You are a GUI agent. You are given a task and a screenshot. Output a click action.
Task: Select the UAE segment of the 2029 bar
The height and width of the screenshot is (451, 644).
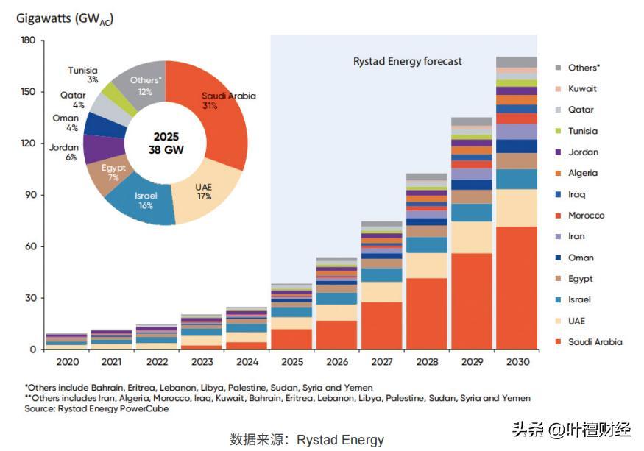coord(472,237)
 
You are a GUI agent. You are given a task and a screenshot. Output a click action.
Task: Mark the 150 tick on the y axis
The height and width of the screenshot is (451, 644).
coord(28,92)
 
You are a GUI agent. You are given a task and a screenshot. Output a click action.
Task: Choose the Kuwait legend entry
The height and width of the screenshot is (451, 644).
coord(582,89)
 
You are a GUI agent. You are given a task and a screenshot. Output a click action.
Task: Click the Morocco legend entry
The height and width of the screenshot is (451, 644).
coord(586,216)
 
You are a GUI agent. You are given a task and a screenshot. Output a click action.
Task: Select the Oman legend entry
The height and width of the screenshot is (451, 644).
coord(581,258)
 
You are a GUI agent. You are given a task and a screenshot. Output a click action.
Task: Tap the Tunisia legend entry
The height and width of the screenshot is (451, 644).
coord(582,131)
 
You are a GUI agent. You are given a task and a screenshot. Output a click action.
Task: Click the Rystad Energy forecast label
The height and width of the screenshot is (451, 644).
coord(407,62)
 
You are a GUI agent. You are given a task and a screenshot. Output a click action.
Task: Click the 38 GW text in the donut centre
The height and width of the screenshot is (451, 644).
coord(166,150)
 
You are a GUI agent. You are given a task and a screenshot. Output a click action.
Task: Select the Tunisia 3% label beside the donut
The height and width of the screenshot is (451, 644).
coord(83,74)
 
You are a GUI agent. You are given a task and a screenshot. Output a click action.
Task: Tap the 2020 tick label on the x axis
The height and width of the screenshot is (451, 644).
coord(66,361)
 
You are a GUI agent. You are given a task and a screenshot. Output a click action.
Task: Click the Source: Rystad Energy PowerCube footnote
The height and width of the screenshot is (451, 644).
coord(96,409)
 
